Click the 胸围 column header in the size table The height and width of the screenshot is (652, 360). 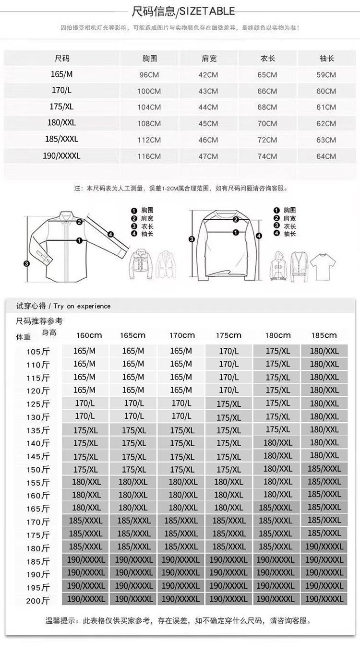pyautogui.click(x=150, y=59)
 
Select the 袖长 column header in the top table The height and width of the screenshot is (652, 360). pyautogui.click(x=326, y=59)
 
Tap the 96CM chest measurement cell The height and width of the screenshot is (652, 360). pyautogui.click(x=150, y=75)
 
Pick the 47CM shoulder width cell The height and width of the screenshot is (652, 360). pyautogui.click(x=208, y=156)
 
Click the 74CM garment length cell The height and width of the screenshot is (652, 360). pyautogui.click(x=267, y=156)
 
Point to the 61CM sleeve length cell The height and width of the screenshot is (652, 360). pyautogui.click(x=326, y=107)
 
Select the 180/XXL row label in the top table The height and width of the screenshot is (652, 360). pyautogui.click(x=62, y=123)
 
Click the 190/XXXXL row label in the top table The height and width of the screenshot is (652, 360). pyautogui.click(x=62, y=156)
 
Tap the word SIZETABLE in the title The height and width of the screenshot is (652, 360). pyautogui.click(x=208, y=11)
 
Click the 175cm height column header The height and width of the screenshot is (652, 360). pyautogui.click(x=228, y=335)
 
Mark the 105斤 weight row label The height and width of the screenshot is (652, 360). pyautogui.click(x=39, y=352)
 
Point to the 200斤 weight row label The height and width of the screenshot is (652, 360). pyautogui.click(x=39, y=601)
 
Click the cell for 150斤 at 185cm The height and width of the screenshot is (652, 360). pyautogui.click(x=324, y=469)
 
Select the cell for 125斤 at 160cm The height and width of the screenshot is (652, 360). pyautogui.click(x=85, y=403)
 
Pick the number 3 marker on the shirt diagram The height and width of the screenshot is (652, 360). pyautogui.click(x=27, y=263)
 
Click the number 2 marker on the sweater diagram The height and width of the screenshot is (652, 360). pyautogui.click(x=236, y=220)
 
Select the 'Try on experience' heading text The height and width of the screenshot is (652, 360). pyautogui.click(x=82, y=306)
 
